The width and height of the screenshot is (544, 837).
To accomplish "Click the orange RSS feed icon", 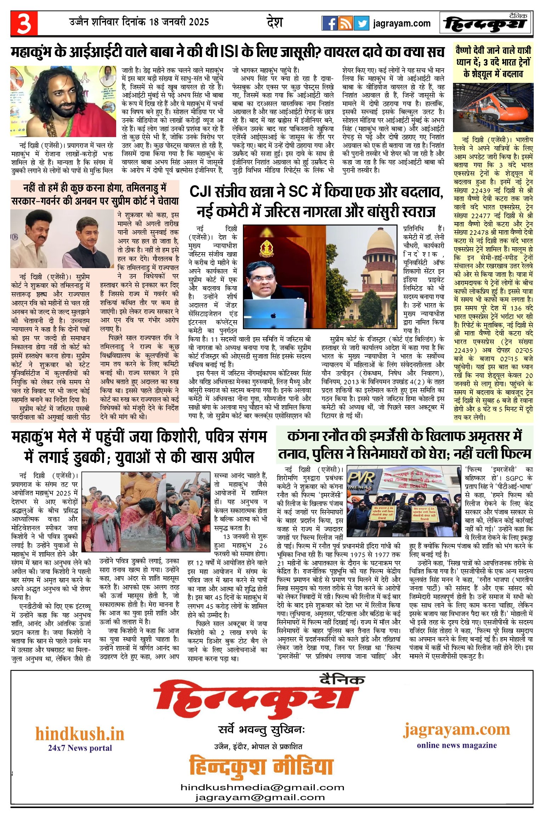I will tap(345, 23).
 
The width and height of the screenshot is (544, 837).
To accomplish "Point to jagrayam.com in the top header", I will tap(402, 24).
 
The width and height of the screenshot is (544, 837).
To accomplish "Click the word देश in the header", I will tap(274, 22).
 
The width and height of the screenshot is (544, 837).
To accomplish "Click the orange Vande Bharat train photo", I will tap(493, 107).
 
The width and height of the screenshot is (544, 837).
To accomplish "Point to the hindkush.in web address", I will tap(80, 734).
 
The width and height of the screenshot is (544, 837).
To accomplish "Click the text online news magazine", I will tap(457, 745).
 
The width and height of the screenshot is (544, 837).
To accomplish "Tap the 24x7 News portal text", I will tap(80, 748).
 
